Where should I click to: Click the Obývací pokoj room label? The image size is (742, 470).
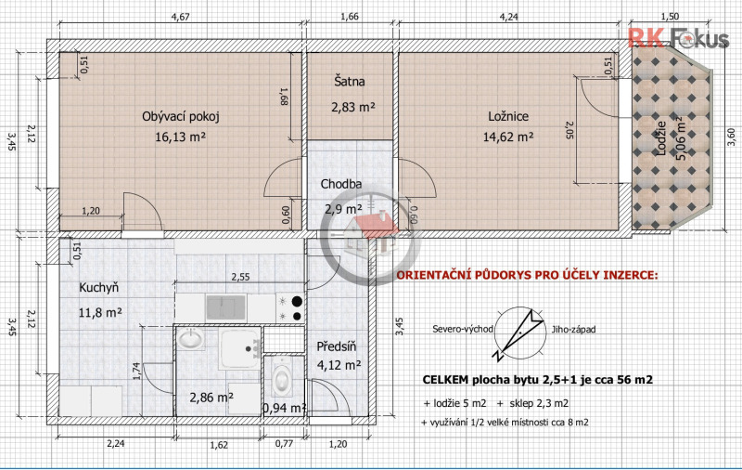click(x=180, y=116)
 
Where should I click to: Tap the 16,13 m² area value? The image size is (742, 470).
click(x=180, y=137)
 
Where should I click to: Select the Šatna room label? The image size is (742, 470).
click(x=350, y=81)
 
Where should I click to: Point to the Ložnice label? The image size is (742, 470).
click(x=508, y=116)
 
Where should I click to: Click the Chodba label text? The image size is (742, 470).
click(x=340, y=184)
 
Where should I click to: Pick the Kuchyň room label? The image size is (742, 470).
click(x=99, y=288)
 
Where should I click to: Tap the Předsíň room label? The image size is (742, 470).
click(x=337, y=346)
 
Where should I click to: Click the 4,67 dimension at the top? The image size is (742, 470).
click(x=180, y=17)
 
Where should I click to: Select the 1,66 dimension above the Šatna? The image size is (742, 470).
click(x=350, y=17)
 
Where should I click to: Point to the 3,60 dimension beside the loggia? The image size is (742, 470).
click(x=732, y=137)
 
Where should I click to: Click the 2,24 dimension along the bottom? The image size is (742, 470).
click(x=115, y=444)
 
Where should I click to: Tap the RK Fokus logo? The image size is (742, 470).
click(x=678, y=38)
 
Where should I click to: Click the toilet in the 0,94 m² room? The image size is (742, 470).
click(x=282, y=378)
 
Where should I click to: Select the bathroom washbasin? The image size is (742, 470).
click(x=191, y=340)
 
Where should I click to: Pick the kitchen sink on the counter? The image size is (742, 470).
click(x=226, y=307)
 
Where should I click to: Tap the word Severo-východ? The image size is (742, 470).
click(x=463, y=330)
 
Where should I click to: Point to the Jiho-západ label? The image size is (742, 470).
click(x=573, y=330)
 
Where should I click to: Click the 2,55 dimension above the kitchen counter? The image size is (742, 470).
click(x=240, y=277)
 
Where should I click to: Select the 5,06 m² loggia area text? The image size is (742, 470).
click(x=682, y=138)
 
